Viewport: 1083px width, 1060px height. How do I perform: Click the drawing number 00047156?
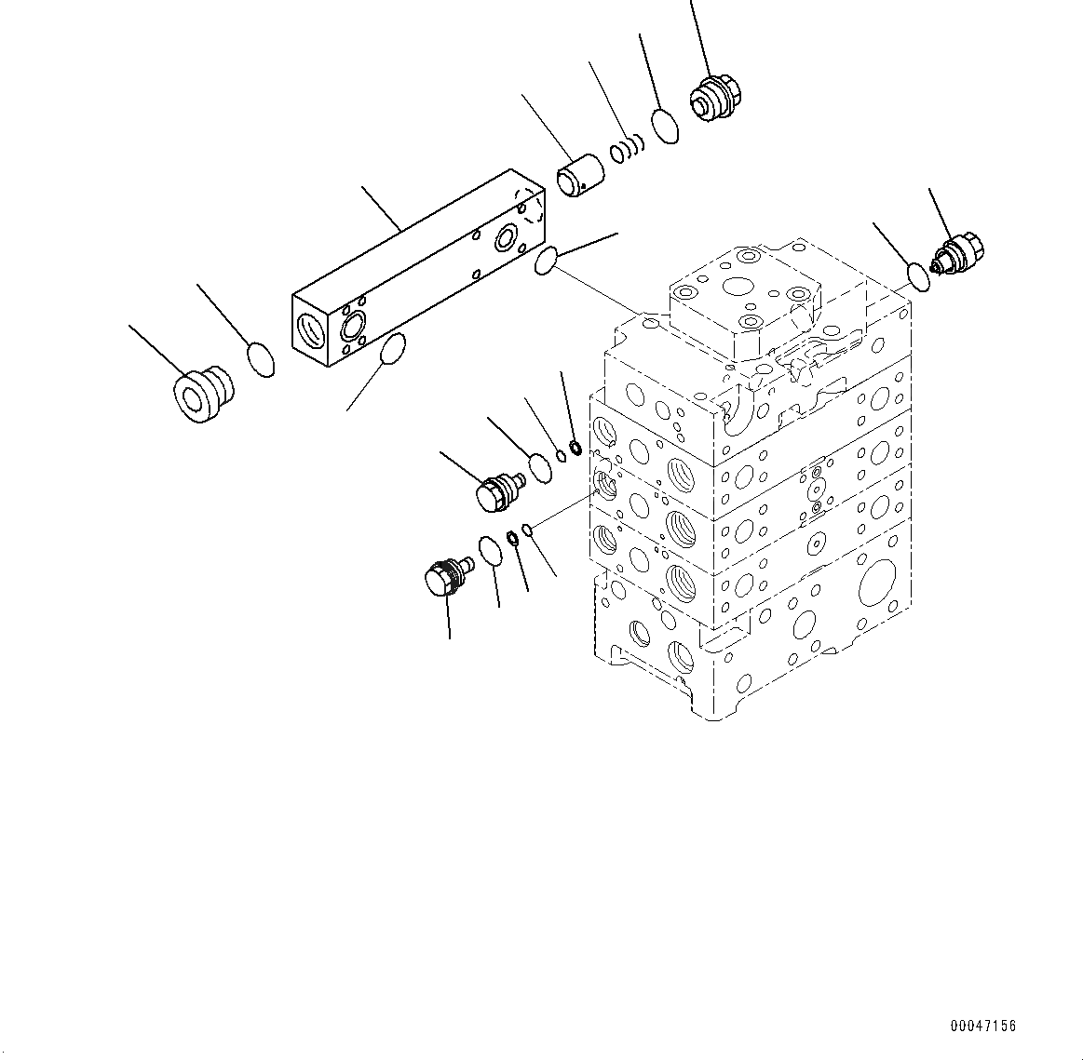[x=983, y=1026]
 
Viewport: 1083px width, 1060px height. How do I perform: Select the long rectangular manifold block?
[x=419, y=270]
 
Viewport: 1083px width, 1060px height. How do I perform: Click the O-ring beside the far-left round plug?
[x=261, y=359]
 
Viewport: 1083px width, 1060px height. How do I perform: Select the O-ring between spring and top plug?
[x=665, y=126]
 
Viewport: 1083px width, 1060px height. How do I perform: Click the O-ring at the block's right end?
[x=547, y=262]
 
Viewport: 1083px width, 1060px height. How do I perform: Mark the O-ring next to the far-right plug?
[x=917, y=275]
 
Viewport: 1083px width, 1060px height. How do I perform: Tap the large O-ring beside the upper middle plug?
[x=539, y=467]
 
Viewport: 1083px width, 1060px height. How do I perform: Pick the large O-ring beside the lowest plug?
[x=490, y=550]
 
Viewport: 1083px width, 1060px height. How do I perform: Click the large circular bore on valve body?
[x=880, y=589]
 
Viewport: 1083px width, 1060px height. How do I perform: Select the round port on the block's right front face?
[x=508, y=239]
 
